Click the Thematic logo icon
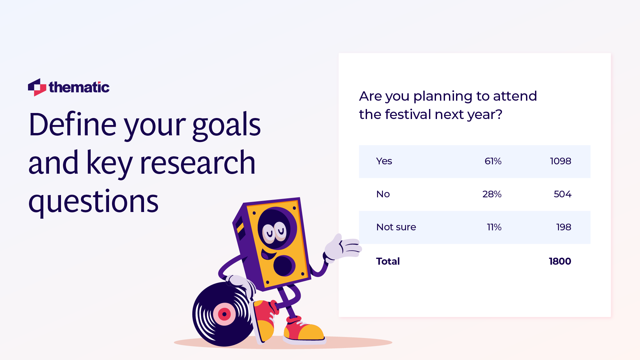click(x=37, y=87)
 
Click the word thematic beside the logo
click(x=79, y=87)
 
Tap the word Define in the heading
click(x=72, y=125)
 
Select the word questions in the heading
click(x=93, y=202)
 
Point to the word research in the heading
click(x=197, y=163)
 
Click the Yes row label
click(x=384, y=161)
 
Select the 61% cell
click(x=493, y=161)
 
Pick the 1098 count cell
click(x=560, y=161)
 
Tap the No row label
click(x=383, y=194)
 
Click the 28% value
click(x=492, y=194)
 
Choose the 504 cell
click(x=562, y=194)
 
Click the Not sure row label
click(x=396, y=227)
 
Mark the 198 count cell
click(x=563, y=227)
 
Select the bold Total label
click(x=388, y=261)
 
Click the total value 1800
click(x=560, y=261)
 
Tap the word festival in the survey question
click(x=408, y=115)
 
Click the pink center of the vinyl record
click(x=224, y=314)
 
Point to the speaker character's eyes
click(x=274, y=231)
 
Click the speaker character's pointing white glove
click(x=343, y=247)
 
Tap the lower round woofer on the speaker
click(x=284, y=266)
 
